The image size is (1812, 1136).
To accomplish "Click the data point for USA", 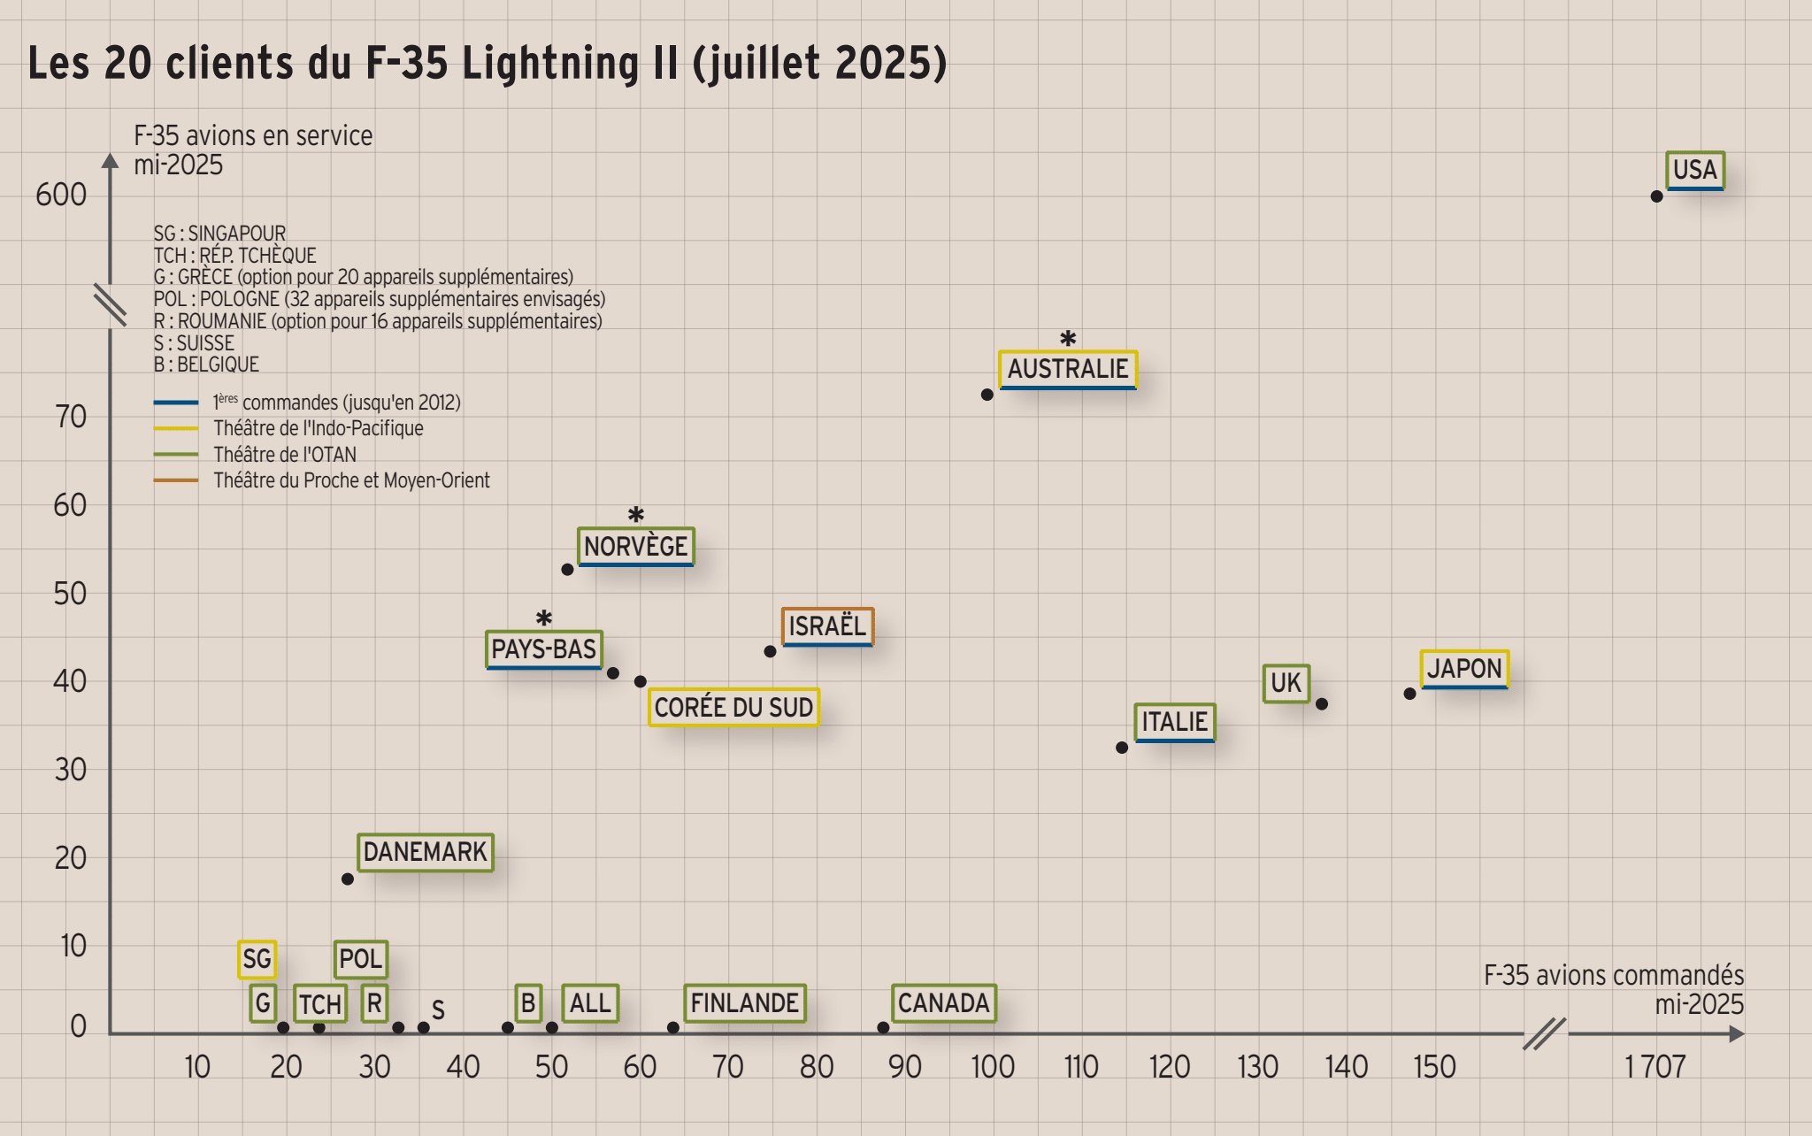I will (x=1656, y=196).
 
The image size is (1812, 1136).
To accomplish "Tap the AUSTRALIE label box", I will (x=1067, y=369).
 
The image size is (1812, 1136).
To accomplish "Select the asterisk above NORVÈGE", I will (x=635, y=514).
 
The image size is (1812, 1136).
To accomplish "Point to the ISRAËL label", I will (x=827, y=626).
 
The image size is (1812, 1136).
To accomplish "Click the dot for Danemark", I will (x=348, y=879).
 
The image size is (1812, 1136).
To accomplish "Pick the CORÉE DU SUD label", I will (x=733, y=708).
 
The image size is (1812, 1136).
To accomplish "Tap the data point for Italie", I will (x=1122, y=748).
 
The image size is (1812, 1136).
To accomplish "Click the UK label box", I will (x=1286, y=683).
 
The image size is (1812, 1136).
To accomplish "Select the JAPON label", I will (x=1464, y=669).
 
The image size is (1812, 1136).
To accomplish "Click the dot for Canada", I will (x=883, y=1027).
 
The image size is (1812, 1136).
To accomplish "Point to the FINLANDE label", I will (x=744, y=1003).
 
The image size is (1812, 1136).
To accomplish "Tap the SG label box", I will (x=257, y=959).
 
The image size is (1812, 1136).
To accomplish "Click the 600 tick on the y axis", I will (x=61, y=195).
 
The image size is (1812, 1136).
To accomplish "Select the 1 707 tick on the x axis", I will (x=1655, y=1067).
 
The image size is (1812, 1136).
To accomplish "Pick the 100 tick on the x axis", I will (x=993, y=1067).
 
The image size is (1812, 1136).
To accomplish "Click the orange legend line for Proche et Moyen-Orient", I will (x=175, y=480).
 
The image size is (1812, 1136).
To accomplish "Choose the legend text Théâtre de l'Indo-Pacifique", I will (x=319, y=429).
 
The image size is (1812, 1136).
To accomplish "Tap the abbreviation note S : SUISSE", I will (x=194, y=343).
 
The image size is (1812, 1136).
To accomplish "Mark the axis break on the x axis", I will (x=1544, y=1033).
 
